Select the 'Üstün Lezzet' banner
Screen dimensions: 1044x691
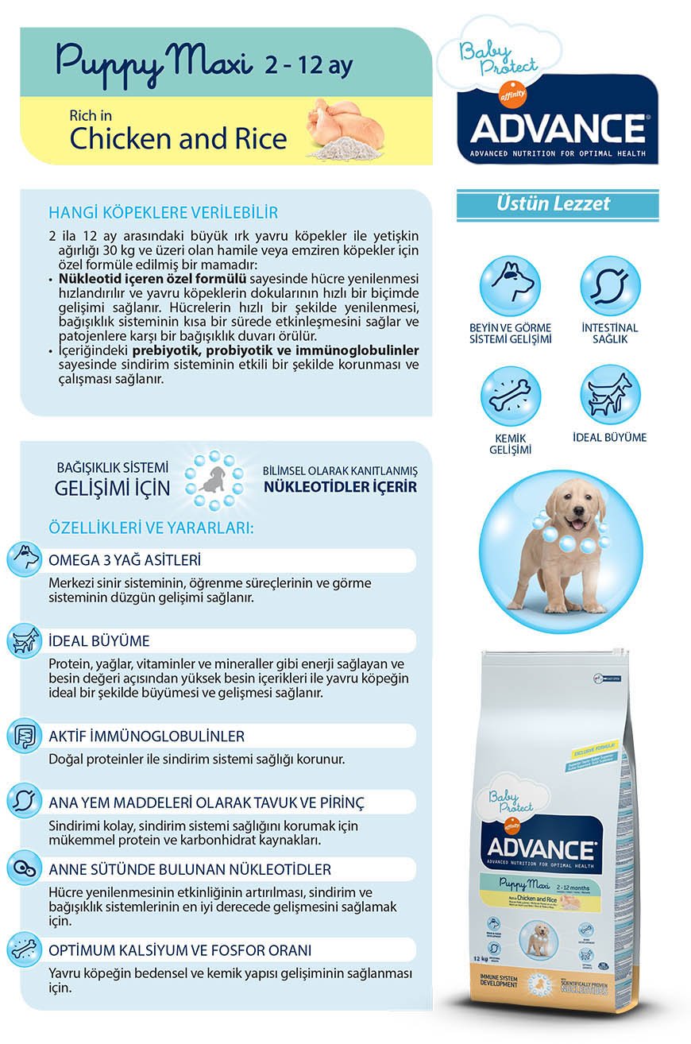click(558, 204)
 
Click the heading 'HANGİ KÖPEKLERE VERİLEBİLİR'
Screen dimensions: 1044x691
click(163, 213)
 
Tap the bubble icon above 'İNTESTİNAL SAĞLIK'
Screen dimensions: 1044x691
click(609, 285)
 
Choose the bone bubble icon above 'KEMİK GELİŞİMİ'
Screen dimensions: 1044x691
click(510, 396)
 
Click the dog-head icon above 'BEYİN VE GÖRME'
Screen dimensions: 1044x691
click(510, 285)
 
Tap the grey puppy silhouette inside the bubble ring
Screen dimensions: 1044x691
click(214, 480)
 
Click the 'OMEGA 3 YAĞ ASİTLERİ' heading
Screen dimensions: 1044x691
click(125, 559)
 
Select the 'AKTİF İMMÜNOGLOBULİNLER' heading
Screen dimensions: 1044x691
click(146, 736)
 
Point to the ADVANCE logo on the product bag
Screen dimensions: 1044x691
click(542, 848)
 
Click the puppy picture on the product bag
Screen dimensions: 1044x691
click(537, 938)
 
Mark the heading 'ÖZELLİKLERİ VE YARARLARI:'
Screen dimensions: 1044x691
click(151, 528)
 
